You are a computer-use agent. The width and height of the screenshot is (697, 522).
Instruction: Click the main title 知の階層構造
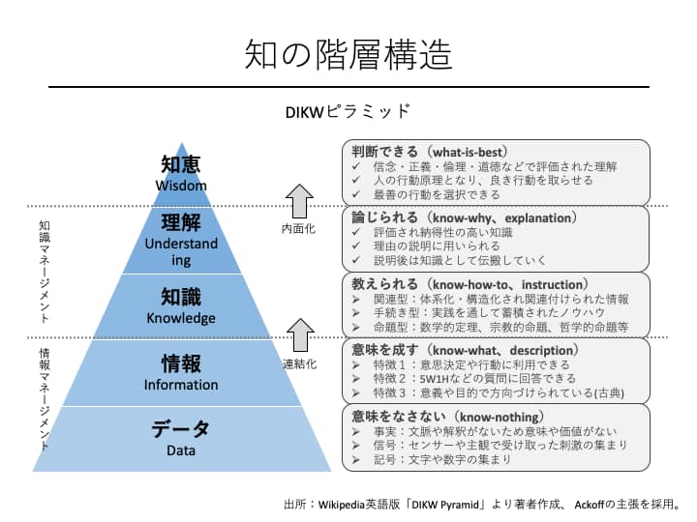(348, 54)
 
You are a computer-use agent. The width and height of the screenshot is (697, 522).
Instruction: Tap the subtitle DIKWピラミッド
(348, 111)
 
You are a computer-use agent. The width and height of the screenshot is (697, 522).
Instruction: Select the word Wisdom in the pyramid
(181, 185)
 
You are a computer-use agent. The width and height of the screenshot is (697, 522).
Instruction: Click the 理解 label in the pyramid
(181, 222)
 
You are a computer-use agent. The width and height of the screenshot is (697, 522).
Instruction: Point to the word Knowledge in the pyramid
(181, 318)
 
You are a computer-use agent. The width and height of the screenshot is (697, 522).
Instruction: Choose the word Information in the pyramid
(181, 385)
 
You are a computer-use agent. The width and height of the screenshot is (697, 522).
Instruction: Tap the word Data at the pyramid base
(181, 450)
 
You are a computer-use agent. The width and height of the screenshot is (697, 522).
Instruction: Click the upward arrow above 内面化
(299, 201)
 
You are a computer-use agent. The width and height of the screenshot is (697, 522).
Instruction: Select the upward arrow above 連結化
(300, 335)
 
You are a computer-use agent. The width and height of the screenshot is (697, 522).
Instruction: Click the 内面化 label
(298, 228)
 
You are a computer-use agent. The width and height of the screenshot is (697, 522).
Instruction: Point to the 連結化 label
(299, 364)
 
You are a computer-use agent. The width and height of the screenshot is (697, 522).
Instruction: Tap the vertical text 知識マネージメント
(45, 272)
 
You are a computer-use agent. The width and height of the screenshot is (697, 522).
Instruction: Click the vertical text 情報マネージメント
(45, 399)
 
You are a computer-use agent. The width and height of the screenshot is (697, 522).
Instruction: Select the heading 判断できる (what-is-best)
(430, 152)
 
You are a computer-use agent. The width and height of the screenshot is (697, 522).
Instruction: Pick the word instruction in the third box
(552, 284)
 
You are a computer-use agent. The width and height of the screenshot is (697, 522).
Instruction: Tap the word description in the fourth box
(541, 351)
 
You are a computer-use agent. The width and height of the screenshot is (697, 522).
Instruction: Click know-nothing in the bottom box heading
(499, 417)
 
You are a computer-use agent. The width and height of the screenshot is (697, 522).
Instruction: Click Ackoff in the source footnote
(590, 505)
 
